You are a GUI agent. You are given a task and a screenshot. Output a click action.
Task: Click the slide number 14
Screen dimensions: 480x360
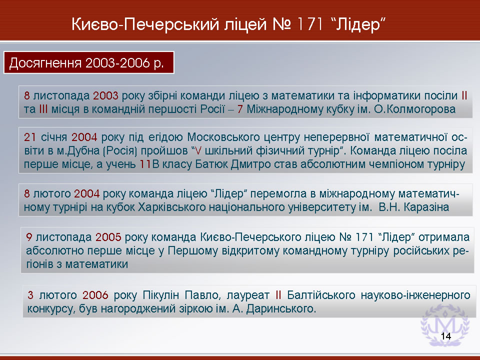point(446,336)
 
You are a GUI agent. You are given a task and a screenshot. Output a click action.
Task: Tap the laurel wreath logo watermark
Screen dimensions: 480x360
point(445,325)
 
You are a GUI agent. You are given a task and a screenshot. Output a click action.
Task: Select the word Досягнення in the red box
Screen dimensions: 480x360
point(45,63)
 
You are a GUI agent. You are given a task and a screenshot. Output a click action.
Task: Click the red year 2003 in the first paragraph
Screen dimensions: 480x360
point(105,96)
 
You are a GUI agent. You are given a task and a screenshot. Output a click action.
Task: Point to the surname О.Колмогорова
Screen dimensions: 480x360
point(415,109)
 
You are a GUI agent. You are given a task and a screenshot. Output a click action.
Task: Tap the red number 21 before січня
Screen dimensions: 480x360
point(30,137)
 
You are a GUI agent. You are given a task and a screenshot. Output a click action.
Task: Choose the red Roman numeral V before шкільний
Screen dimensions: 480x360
point(198,151)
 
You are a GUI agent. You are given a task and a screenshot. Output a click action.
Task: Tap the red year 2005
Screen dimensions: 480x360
point(108,237)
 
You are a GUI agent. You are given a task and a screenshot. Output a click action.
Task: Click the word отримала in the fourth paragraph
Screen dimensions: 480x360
point(444,237)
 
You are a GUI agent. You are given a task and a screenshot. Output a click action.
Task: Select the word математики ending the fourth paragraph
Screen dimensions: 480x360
point(96,264)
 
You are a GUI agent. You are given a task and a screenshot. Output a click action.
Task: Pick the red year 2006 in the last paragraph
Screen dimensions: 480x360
point(95,295)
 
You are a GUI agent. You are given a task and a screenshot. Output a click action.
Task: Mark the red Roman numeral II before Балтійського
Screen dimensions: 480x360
point(278,295)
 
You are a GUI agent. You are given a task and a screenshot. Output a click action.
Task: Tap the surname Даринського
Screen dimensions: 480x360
point(281,309)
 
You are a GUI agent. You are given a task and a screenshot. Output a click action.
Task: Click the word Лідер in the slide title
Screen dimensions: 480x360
point(358,24)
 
